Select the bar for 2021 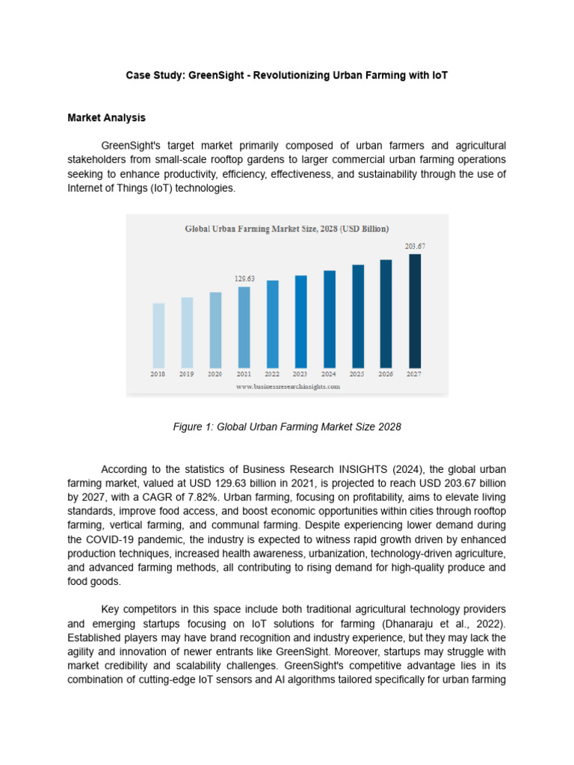click(x=244, y=326)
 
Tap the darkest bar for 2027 click(x=414, y=310)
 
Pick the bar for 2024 click(x=329, y=318)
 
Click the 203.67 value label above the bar click(x=415, y=246)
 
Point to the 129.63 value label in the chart click(x=244, y=279)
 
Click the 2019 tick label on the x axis click(x=186, y=374)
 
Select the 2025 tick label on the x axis click(x=357, y=374)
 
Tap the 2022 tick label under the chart click(x=272, y=374)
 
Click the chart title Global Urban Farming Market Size click(x=286, y=228)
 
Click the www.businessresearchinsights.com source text click(x=288, y=386)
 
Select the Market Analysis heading click(x=106, y=118)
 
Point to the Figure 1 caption click(x=287, y=427)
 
